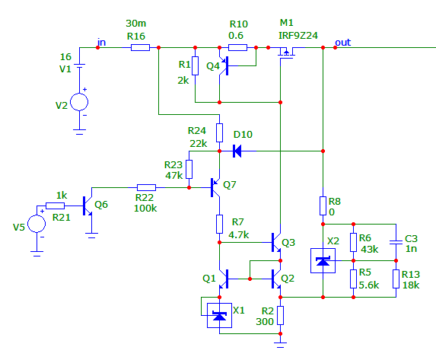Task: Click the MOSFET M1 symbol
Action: (286, 52)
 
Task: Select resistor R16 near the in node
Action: (141, 48)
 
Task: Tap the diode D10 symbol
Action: (237, 151)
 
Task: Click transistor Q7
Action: (215, 187)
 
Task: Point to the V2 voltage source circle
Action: (79, 102)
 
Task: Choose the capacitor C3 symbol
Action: (396, 242)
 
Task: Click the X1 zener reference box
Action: (219, 316)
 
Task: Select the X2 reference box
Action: (323, 261)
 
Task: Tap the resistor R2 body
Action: (280, 316)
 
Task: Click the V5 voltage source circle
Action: (37, 224)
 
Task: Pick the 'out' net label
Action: (343, 43)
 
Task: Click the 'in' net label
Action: (101, 43)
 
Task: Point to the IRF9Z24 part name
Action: (298, 36)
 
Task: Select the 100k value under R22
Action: (145, 208)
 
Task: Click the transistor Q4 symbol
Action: (224, 66)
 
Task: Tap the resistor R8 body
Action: (323, 205)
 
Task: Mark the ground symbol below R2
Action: (280, 345)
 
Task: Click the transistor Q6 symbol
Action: (88, 205)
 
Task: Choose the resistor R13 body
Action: (396, 279)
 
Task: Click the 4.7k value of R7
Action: (239, 235)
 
